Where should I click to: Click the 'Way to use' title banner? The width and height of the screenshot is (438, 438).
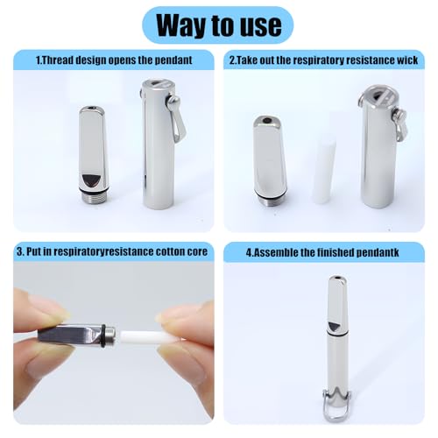pyautogui.click(x=218, y=24)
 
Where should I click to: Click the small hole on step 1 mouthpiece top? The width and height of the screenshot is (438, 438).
pyautogui.click(x=90, y=111)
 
